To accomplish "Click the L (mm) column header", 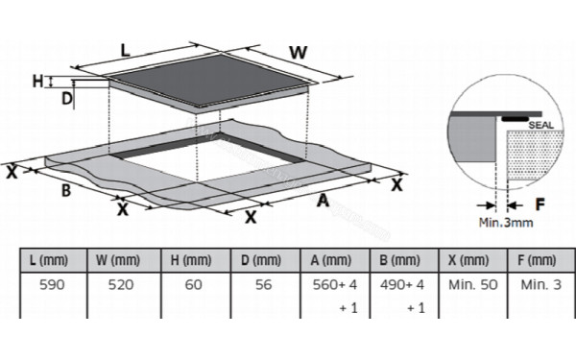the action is tap(49, 260).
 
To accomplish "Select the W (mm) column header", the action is tap(118, 260).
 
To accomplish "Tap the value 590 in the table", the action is tap(52, 285).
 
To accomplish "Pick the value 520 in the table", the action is tap(121, 285).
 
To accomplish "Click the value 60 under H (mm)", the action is tap(193, 285).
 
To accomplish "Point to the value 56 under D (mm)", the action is tap(263, 285).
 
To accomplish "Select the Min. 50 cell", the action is tap(472, 285).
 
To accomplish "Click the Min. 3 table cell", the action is tap(541, 285).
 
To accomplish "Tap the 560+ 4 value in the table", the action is tap(335, 285).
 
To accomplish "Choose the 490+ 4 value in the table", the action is tap(402, 285).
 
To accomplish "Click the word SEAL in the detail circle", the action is tap(540, 125).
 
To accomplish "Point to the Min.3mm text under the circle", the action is tap(506, 223).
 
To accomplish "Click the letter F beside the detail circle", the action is tap(540, 204).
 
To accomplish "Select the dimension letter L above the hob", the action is tap(126, 50).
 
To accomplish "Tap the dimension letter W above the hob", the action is tap(298, 53).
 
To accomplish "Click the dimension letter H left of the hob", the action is tap(37, 82).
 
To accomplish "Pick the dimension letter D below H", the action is tap(66, 99).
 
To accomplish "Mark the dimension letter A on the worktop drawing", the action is tap(323, 201).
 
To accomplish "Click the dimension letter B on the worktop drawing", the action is tap(66, 191).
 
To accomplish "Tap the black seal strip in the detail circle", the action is tap(515, 119).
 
